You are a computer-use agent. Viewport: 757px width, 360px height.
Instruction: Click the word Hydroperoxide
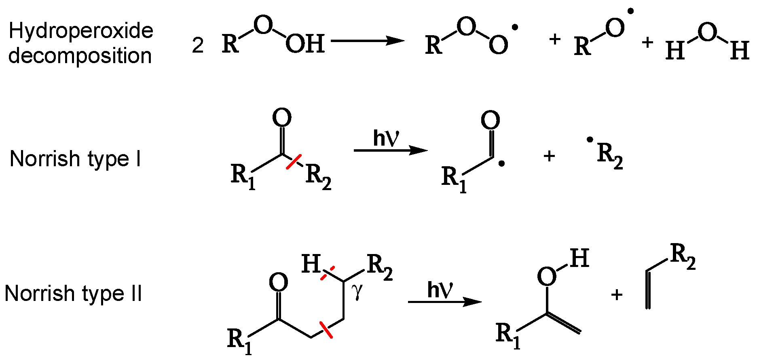click(x=81, y=31)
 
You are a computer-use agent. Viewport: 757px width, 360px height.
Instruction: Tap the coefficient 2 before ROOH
click(x=197, y=45)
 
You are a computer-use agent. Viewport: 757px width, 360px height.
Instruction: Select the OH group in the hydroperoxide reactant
click(x=305, y=44)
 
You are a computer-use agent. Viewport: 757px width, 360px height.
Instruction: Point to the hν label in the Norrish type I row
click(x=386, y=138)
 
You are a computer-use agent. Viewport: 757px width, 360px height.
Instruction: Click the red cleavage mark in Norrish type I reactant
click(x=294, y=161)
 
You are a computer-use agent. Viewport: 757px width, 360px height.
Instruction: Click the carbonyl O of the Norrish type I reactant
click(x=282, y=118)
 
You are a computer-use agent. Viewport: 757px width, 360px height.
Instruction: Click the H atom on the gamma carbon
click(x=311, y=264)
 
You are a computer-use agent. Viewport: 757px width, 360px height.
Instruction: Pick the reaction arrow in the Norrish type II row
click(x=444, y=302)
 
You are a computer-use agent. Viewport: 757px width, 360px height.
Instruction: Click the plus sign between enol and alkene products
click(x=616, y=295)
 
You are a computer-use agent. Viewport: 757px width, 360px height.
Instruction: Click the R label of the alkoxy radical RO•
click(x=582, y=46)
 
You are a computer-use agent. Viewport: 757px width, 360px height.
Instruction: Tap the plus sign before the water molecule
click(x=647, y=42)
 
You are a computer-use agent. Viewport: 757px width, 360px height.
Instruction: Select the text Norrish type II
click(x=73, y=293)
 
